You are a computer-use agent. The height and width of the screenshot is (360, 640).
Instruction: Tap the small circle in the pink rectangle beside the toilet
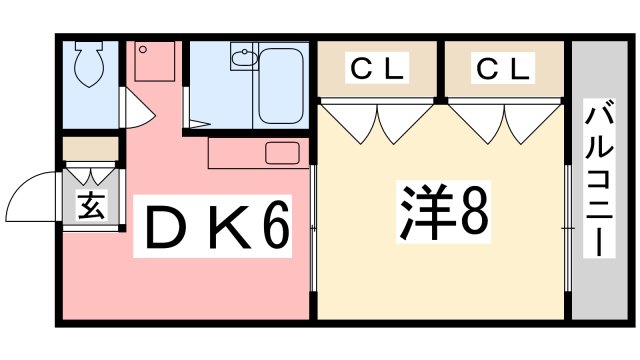(x=143, y=48)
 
